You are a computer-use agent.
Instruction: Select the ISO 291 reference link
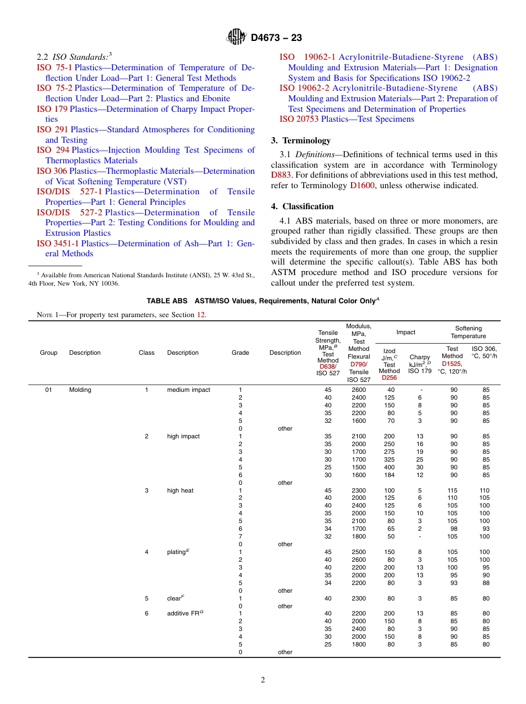click(x=52, y=130)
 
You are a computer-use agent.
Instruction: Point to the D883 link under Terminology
click(x=280, y=175)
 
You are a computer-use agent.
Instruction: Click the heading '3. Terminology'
click(x=301, y=141)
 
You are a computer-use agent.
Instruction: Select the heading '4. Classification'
click(x=302, y=206)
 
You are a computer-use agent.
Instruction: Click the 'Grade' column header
click(x=240, y=353)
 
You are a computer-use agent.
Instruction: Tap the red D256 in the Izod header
click(x=389, y=378)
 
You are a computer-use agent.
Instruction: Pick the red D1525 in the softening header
click(x=451, y=364)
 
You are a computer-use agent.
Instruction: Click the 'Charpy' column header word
click(x=419, y=357)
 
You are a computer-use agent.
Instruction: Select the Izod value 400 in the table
click(x=389, y=467)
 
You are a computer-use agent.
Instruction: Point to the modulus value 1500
click(x=358, y=467)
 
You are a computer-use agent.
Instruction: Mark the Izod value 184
click(x=389, y=475)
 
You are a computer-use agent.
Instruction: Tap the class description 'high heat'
click(x=180, y=490)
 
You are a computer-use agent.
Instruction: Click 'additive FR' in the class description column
click(x=183, y=613)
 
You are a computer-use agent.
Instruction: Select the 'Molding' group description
click(x=80, y=390)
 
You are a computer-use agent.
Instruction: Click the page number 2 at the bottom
click(x=263, y=680)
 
